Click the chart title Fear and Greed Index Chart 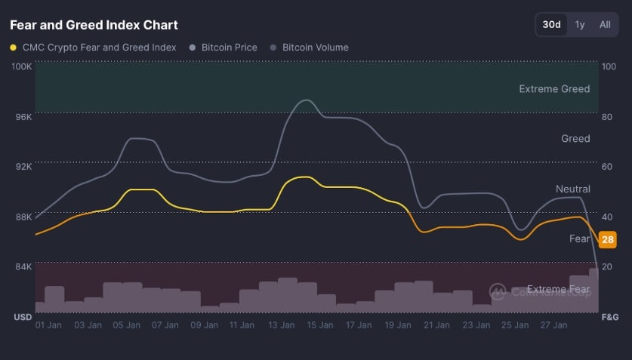pyautogui.click(x=94, y=25)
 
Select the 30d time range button pyautogui.click(x=552, y=24)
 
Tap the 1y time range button pyautogui.click(x=580, y=24)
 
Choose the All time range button pyautogui.click(x=605, y=24)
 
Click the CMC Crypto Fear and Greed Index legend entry pyautogui.click(x=99, y=47)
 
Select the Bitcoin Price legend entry pyautogui.click(x=229, y=47)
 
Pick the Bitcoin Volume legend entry pyautogui.click(x=315, y=47)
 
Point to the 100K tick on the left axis pyautogui.click(x=22, y=66)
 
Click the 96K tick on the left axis pyautogui.click(x=23, y=117)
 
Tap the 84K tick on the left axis pyautogui.click(x=23, y=266)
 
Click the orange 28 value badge pyautogui.click(x=607, y=240)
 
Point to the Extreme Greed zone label pyautogui.click(x=554, y=89)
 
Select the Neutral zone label pyautogui.click(x=572, y=189)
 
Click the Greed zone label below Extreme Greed pyautogui.click(x=575, y=139)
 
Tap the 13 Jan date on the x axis pyautogui.click(x=281, y=325)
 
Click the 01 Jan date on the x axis pyautogui.click(x=49, y=325)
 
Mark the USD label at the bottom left pyautogui.click(x=23, y=317)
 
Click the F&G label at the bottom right pyautogui.click(x=609, y=317)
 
